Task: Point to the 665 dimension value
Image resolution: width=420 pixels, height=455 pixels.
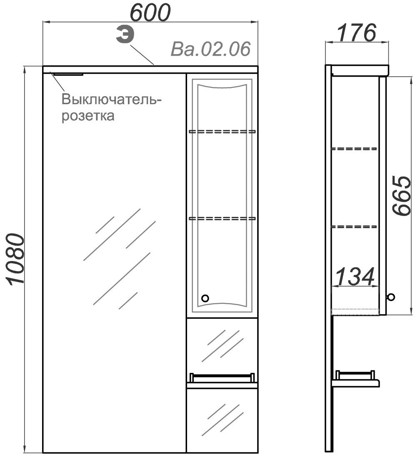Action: (402, 196)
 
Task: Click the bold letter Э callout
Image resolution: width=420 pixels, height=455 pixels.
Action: (125, 36)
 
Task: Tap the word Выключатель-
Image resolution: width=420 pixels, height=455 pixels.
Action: (111, 100)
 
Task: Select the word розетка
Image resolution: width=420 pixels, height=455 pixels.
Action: (88, 115)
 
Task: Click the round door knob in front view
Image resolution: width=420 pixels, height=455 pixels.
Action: (205, 298)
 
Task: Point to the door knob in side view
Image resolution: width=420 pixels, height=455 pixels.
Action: (390, 297)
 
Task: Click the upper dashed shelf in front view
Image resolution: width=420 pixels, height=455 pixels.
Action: (222, 132)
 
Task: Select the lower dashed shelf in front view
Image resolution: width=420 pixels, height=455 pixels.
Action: (222, 218)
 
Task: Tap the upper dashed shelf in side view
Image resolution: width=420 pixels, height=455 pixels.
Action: (354, 149)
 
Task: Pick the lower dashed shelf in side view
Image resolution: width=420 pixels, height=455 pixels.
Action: (354, 226)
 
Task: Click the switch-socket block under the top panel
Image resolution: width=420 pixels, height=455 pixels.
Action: (68, 75)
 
